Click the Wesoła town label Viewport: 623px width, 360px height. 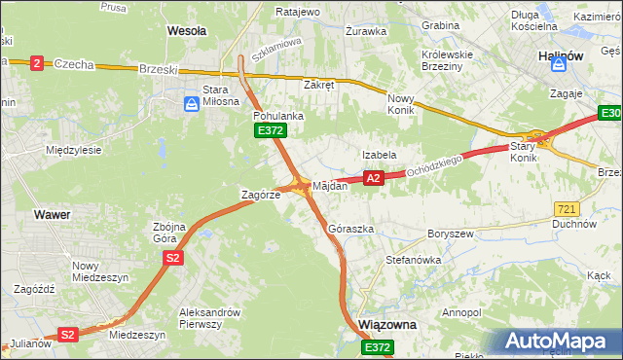pyautogui.click(x=187, y=31)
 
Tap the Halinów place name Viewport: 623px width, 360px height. pyautogui.click(x=560, y=56)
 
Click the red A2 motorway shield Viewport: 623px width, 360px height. pyautogui.click(x=373, y=177)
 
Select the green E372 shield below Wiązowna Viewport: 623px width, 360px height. pyautogui.click(x=378, y=347)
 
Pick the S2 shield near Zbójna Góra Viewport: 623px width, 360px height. pyautogui.click(x=172, y=258)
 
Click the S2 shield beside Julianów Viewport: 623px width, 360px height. pyautogui.click(x=67, y=335)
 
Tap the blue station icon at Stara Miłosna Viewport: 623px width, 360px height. pyautogui.click(x=192, y=103)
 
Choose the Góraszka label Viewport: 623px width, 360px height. pyautogui.click(x=351, y=229)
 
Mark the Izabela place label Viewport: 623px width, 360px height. pyautogui.click(x=380, y=154)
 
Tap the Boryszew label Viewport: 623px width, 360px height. pyautogui.click(x=451, y=234)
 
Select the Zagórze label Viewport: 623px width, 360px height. pyautogui.click(x=261, y=195)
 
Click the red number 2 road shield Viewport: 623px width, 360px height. pyautogui.click(x=37, y=63)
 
